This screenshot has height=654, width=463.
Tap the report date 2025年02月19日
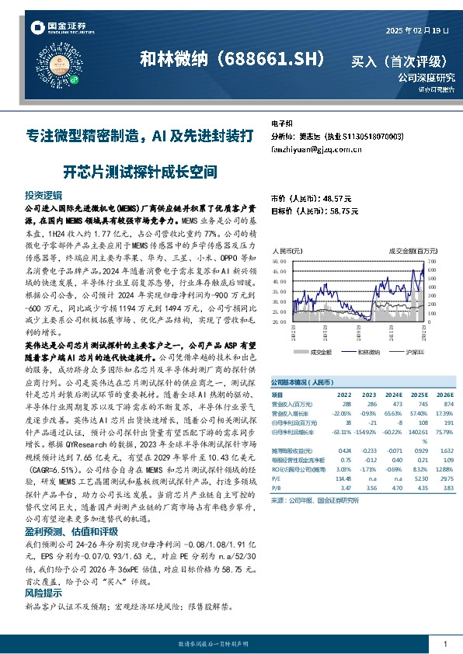tap(417, 30)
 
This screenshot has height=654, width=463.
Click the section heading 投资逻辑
tap(43, 195)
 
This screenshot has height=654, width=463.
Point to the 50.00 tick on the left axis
tap(279, 270)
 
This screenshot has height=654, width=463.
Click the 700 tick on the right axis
tap(433, 261)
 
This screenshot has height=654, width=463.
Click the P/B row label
tap(275, 488)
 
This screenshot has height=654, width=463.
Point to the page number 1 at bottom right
tap(445, 644)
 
